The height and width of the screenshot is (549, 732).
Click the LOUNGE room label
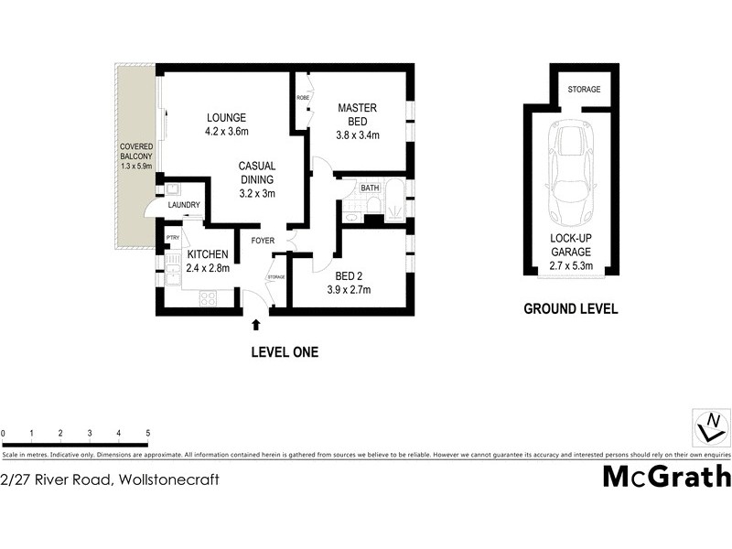[x=227, y=117]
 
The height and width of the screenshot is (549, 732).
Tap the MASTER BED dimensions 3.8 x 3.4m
[x=357, y=135]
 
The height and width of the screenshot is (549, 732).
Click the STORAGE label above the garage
[x=584, y=90]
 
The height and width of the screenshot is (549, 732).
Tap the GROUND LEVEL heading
[x=570, y=309]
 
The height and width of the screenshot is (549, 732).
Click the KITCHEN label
[x=207, y=254]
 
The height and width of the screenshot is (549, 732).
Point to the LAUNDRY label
[x=183, y=205]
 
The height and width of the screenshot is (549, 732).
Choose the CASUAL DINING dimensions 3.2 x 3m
[x=257, y=193]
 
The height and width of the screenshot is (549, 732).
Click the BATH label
[x=370, y=188]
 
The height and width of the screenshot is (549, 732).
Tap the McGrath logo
[x=666, y=477]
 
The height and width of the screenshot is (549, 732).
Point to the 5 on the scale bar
[x=147, y=433]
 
